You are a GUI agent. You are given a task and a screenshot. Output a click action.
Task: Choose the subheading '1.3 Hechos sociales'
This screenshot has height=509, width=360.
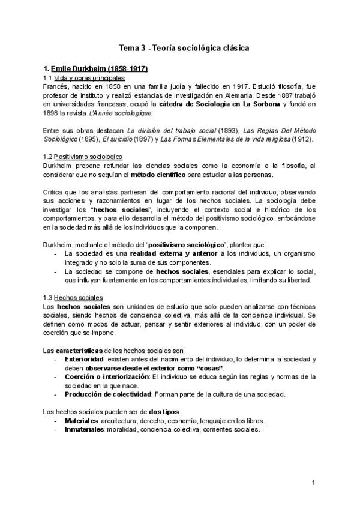pyautogui.click(x=73, y=298)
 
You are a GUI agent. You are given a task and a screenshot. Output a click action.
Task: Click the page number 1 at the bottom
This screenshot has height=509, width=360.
pyautogui.click(x=313, y=483)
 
